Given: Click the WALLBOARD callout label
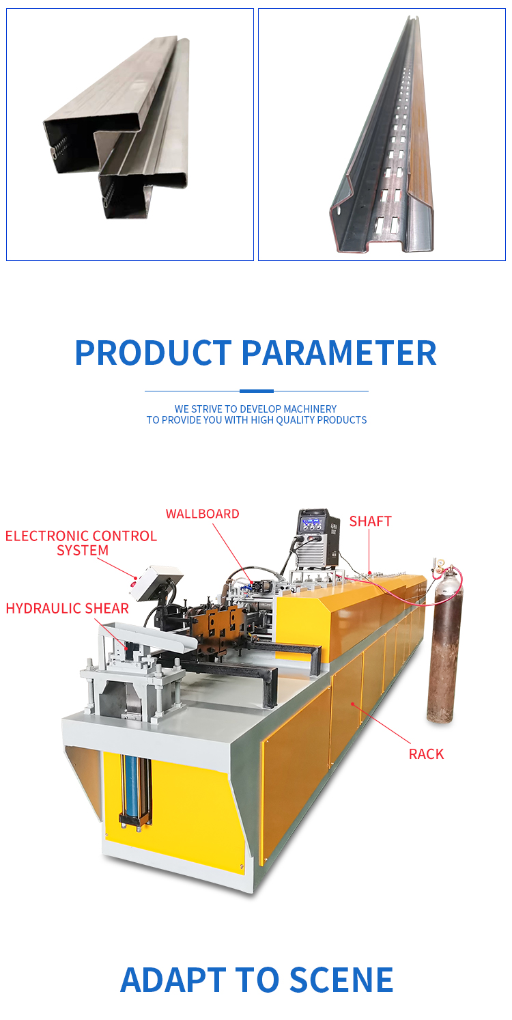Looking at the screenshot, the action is [202, 514].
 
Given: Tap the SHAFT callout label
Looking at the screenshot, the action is [370, 521].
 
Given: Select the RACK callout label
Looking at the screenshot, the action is [426, 754].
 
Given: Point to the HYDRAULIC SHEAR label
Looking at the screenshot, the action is [68, 608].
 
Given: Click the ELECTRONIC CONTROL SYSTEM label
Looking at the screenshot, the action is [81, 542].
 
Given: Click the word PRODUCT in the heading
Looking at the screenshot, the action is [154, 353].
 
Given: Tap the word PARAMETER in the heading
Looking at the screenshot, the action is [339, 353].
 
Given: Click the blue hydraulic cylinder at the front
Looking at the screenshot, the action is [132, 791].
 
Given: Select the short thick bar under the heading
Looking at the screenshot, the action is [256, 391].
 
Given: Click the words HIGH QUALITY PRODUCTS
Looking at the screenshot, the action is [309, 420].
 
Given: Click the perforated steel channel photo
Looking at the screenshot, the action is [382, 135].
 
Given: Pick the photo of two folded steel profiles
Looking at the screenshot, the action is [130, 135].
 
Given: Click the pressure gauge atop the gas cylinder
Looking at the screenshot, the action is [438, 566].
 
